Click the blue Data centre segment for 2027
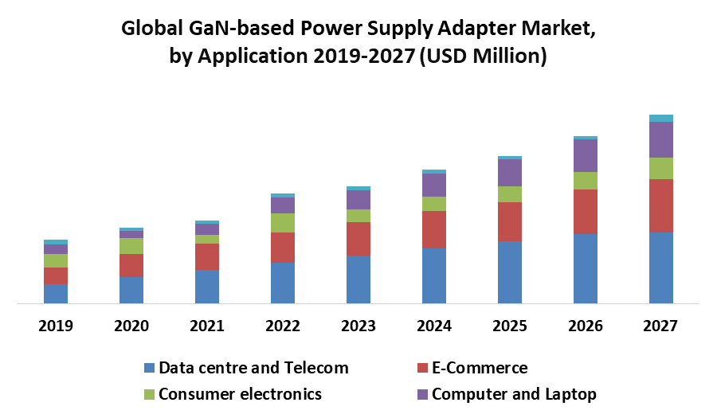click(x=661, y=268)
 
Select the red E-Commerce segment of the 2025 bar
click(x=510, y=221)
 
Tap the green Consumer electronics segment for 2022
click(x=283, y=223)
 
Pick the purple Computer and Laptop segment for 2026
click(x=586, y=155)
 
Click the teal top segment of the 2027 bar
click(x=661, y=119)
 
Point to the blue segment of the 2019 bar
click(x=56, y=294)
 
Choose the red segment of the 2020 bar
click(x=131, y=265)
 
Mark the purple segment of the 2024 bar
click(x=434, y=185)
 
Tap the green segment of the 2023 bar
click(x=358, y=216)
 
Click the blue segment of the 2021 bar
click(x=207, y=287)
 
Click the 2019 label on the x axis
click(x=56, y=326)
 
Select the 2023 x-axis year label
click(x=358, y=326)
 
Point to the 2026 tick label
click(x=586, y=326)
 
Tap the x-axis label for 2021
click(x=207, y=326)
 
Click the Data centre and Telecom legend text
click(x=253, y=368)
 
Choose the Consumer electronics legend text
click(x=240, y=394)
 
